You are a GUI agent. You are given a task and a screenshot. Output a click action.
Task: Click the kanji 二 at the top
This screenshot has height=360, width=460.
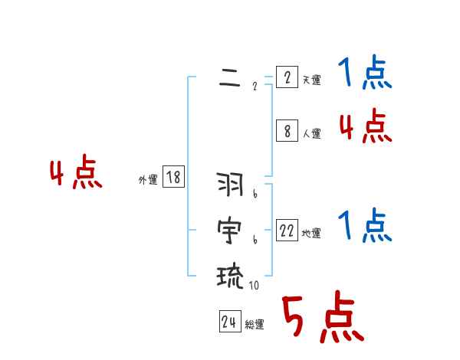(x=229, y=78)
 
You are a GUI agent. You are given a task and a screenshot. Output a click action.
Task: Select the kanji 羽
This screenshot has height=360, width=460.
(x=230, y=185)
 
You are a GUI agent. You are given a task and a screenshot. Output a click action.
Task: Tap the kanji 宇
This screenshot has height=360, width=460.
(x=230, y=229)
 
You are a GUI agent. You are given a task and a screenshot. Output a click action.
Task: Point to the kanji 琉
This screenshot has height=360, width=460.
(x=230, y=273)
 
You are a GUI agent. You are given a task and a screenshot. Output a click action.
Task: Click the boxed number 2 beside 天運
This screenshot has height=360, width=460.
(x=287, y=77)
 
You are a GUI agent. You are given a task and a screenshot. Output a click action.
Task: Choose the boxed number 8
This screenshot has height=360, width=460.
(x=287, y=131)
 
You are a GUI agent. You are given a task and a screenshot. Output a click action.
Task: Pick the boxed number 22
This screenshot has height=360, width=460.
(x=287, y=230)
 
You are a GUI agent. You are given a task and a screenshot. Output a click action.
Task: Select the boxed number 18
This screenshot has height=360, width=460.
(x=173, y=178)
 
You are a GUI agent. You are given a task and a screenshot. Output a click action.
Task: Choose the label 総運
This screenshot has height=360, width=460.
(x=255, y=325)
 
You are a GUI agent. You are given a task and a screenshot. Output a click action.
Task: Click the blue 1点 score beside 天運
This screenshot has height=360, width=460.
(x=365, y=74)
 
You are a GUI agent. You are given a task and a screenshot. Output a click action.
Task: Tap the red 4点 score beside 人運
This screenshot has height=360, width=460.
(x=365, y=126)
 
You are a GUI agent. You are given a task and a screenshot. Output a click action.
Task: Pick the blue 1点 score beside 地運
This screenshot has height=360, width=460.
(x=365, y=226)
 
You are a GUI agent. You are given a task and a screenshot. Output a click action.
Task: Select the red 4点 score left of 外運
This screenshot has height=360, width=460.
(x=76, y=173)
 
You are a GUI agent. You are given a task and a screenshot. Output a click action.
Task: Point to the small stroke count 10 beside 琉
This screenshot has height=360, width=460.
(x=254, y=286)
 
